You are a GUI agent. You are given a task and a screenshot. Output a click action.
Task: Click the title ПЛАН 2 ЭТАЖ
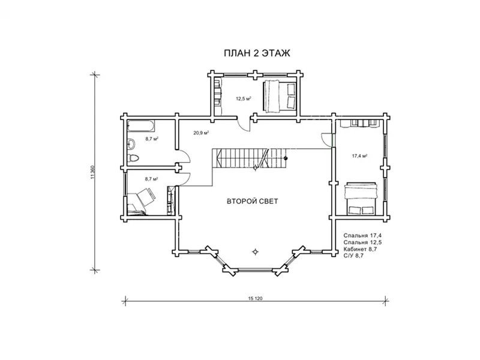coord(257,53)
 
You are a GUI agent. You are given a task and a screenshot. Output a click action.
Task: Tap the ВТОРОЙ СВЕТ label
coord(252,201)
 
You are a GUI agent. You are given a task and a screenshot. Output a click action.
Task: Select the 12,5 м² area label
coord(244,98)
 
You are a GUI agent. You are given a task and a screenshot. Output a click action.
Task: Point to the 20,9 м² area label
coord(201,133)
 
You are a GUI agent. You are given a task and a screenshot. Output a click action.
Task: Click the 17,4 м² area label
coord(359,156)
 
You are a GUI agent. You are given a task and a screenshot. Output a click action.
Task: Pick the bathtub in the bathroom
coord(141,125)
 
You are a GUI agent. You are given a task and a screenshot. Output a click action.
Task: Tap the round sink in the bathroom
coord(131,143)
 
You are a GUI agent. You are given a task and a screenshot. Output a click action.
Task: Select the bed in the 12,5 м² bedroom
coord(279,95)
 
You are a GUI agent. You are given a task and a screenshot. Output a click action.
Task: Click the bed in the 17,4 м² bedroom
coord(361,199)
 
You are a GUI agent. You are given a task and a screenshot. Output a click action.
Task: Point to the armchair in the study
coord(145,197)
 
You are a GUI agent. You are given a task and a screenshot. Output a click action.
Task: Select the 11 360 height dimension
coord(93,172)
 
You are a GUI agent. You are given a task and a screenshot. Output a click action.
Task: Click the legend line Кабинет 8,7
coord(360,249)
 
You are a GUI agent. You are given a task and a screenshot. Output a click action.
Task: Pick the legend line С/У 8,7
coord(353,256)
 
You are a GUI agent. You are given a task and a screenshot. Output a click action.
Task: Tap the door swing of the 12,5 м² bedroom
coord(244,125)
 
